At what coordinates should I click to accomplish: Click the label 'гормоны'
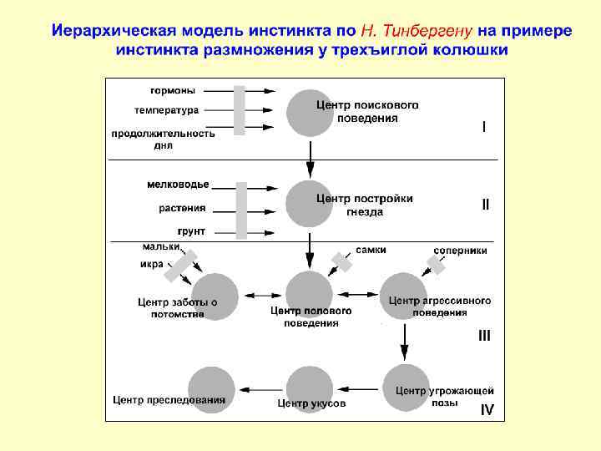(x=173, y=90)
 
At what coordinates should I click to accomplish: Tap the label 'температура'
(x=166, y=110)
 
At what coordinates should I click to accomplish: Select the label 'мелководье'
(x=178, y=185)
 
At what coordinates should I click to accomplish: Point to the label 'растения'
(x=182, y=208)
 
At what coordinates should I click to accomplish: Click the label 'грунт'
(x=191, y=231)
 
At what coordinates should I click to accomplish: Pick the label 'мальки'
(x=160, y=246)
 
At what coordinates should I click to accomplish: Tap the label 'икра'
(x=152, y=265)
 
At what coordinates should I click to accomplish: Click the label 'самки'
(x=371, y=250)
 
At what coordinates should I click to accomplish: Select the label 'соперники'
(x=461, y=250)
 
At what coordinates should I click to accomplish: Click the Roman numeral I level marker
(x=483, y=127)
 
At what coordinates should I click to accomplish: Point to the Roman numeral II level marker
(x=485, y=204)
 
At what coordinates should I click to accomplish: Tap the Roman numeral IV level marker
(x=487, y=409)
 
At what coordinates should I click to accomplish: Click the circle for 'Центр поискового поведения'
(x=310, y=113)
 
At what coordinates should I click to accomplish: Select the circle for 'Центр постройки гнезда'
(x=310, y=203)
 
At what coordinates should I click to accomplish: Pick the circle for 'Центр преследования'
(x=211, y=390)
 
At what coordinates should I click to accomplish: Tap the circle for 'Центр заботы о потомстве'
(x=215, y=296)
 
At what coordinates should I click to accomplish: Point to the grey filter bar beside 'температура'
(x=240, y=110)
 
